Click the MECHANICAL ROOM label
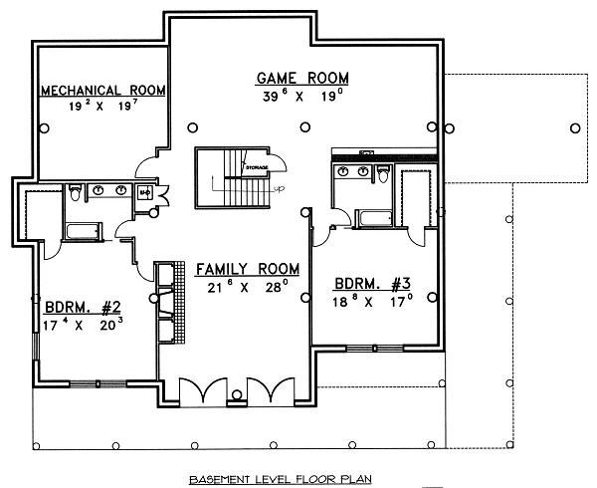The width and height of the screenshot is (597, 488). (102, 91)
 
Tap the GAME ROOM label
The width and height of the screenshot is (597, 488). (301, 77)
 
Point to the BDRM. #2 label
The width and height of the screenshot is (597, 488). (84, 307)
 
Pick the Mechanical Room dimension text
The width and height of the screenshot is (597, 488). (102, 105)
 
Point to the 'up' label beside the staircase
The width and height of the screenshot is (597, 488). (279, 189)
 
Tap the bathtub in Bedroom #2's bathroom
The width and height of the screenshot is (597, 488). (81, 230)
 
